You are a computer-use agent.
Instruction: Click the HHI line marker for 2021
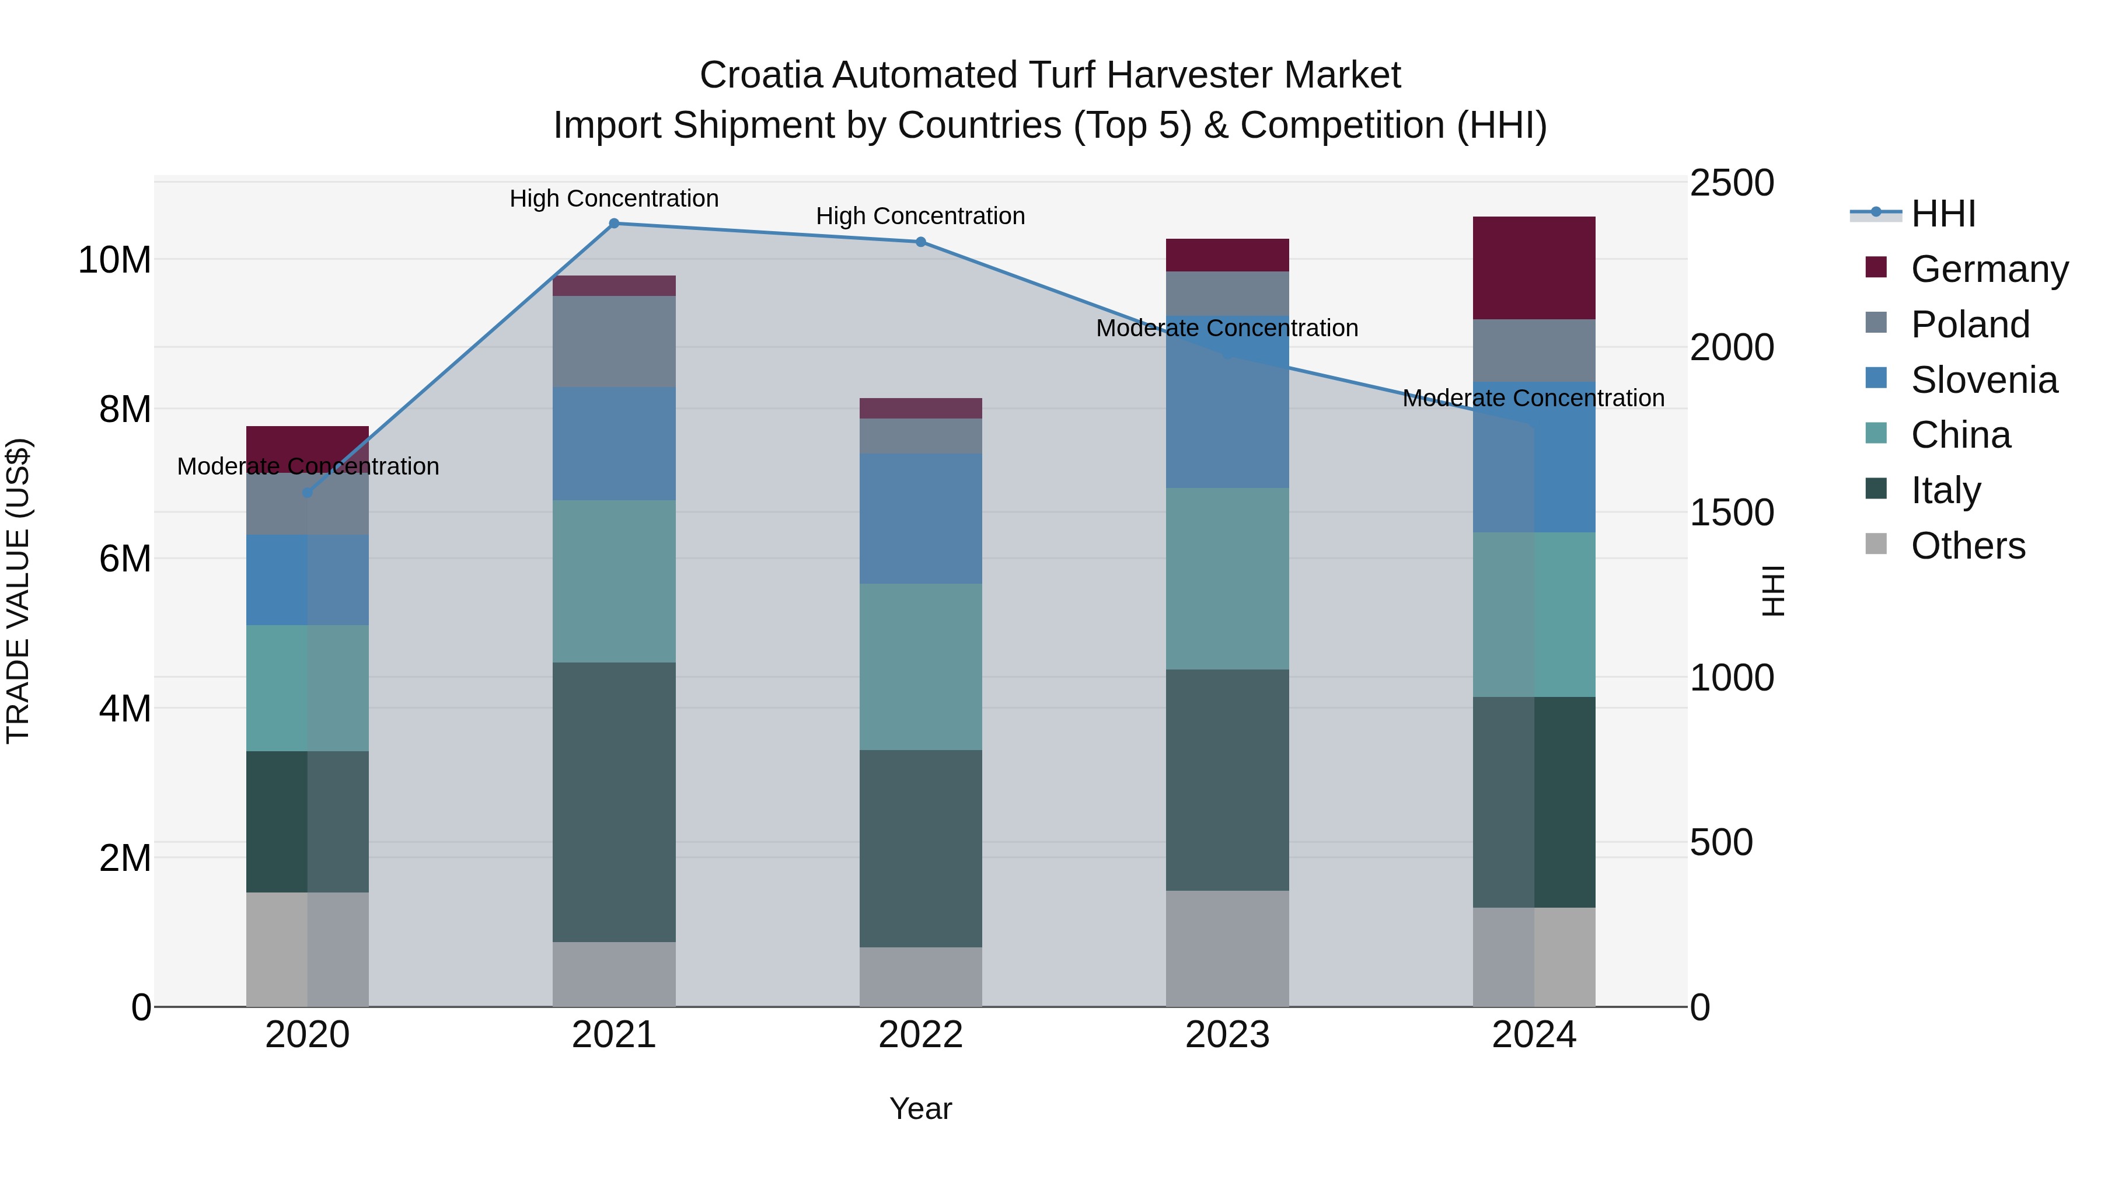pos(614,224)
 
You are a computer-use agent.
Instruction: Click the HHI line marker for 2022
pos(921,242)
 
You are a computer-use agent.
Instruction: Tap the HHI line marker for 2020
pos(308,493)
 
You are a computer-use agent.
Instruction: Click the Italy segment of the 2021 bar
pos(614,802)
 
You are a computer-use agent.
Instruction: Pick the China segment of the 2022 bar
pos(921,667)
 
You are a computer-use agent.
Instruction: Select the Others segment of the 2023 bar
pos(1227,948)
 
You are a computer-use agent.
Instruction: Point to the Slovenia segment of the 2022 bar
pos(921,519)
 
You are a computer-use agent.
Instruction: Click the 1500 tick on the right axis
pos(1731,513)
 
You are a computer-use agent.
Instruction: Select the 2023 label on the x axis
pos(1227,1035)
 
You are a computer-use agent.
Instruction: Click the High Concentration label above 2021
pos(614,198)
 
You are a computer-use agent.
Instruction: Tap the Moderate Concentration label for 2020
pos(308,466)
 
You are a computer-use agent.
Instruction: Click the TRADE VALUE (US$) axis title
pos(18,591)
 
